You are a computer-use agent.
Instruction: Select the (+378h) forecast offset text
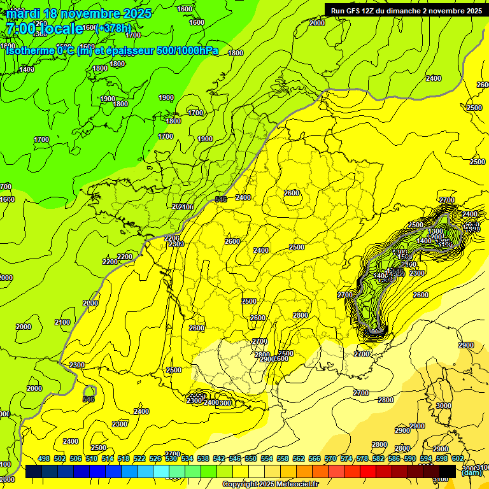[x=113, y=28]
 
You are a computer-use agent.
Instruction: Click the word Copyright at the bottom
[x=240, y=485]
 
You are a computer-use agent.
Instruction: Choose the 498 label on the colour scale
[x=44, y=458]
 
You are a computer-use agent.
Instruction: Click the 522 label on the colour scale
[x=139, y=458]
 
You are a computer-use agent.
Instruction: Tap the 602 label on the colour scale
[x=457, y=458]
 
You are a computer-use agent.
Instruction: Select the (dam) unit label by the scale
[x=471, y=472]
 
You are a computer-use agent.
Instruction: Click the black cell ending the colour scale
[x=448, y=471]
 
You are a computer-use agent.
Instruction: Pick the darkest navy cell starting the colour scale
[x=34, y=471]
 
